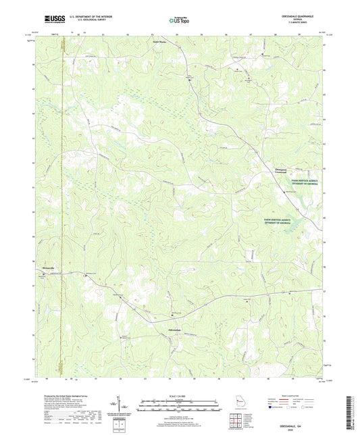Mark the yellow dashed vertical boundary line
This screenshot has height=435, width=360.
62,203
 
